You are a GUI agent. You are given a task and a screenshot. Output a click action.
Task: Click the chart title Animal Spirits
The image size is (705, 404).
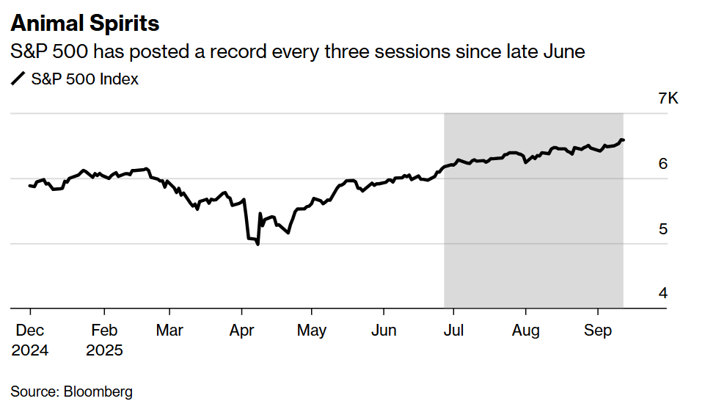click(84, 24)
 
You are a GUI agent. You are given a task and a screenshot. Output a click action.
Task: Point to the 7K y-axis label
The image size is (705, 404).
click(668, 98)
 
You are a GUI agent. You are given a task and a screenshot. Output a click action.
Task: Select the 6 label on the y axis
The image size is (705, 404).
click(663, 164)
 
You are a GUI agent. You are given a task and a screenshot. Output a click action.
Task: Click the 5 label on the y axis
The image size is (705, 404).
click(663, 229)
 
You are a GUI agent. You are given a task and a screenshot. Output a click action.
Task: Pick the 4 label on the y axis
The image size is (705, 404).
click(663, 293)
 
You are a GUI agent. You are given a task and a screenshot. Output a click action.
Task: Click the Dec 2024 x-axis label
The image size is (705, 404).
click(30, 339)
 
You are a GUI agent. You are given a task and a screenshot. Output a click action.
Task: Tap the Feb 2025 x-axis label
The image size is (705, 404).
click(104, 339)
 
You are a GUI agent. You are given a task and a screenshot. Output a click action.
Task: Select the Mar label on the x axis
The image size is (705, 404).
click(169, 331)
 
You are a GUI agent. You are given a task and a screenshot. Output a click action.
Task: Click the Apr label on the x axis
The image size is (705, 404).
click(242, 331)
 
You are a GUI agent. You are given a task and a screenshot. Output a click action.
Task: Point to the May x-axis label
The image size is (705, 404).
click(312, 331)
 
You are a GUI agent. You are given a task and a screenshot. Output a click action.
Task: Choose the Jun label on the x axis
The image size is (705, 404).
click(384, 331)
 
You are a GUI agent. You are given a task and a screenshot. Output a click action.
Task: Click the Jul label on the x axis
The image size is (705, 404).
click(453, 331)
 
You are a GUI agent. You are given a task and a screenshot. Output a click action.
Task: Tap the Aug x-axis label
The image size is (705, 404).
click(525, 331)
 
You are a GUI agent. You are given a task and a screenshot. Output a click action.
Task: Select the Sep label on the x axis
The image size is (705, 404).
click(597, 331)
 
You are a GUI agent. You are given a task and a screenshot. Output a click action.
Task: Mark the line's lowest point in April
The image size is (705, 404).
click(257, 244)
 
